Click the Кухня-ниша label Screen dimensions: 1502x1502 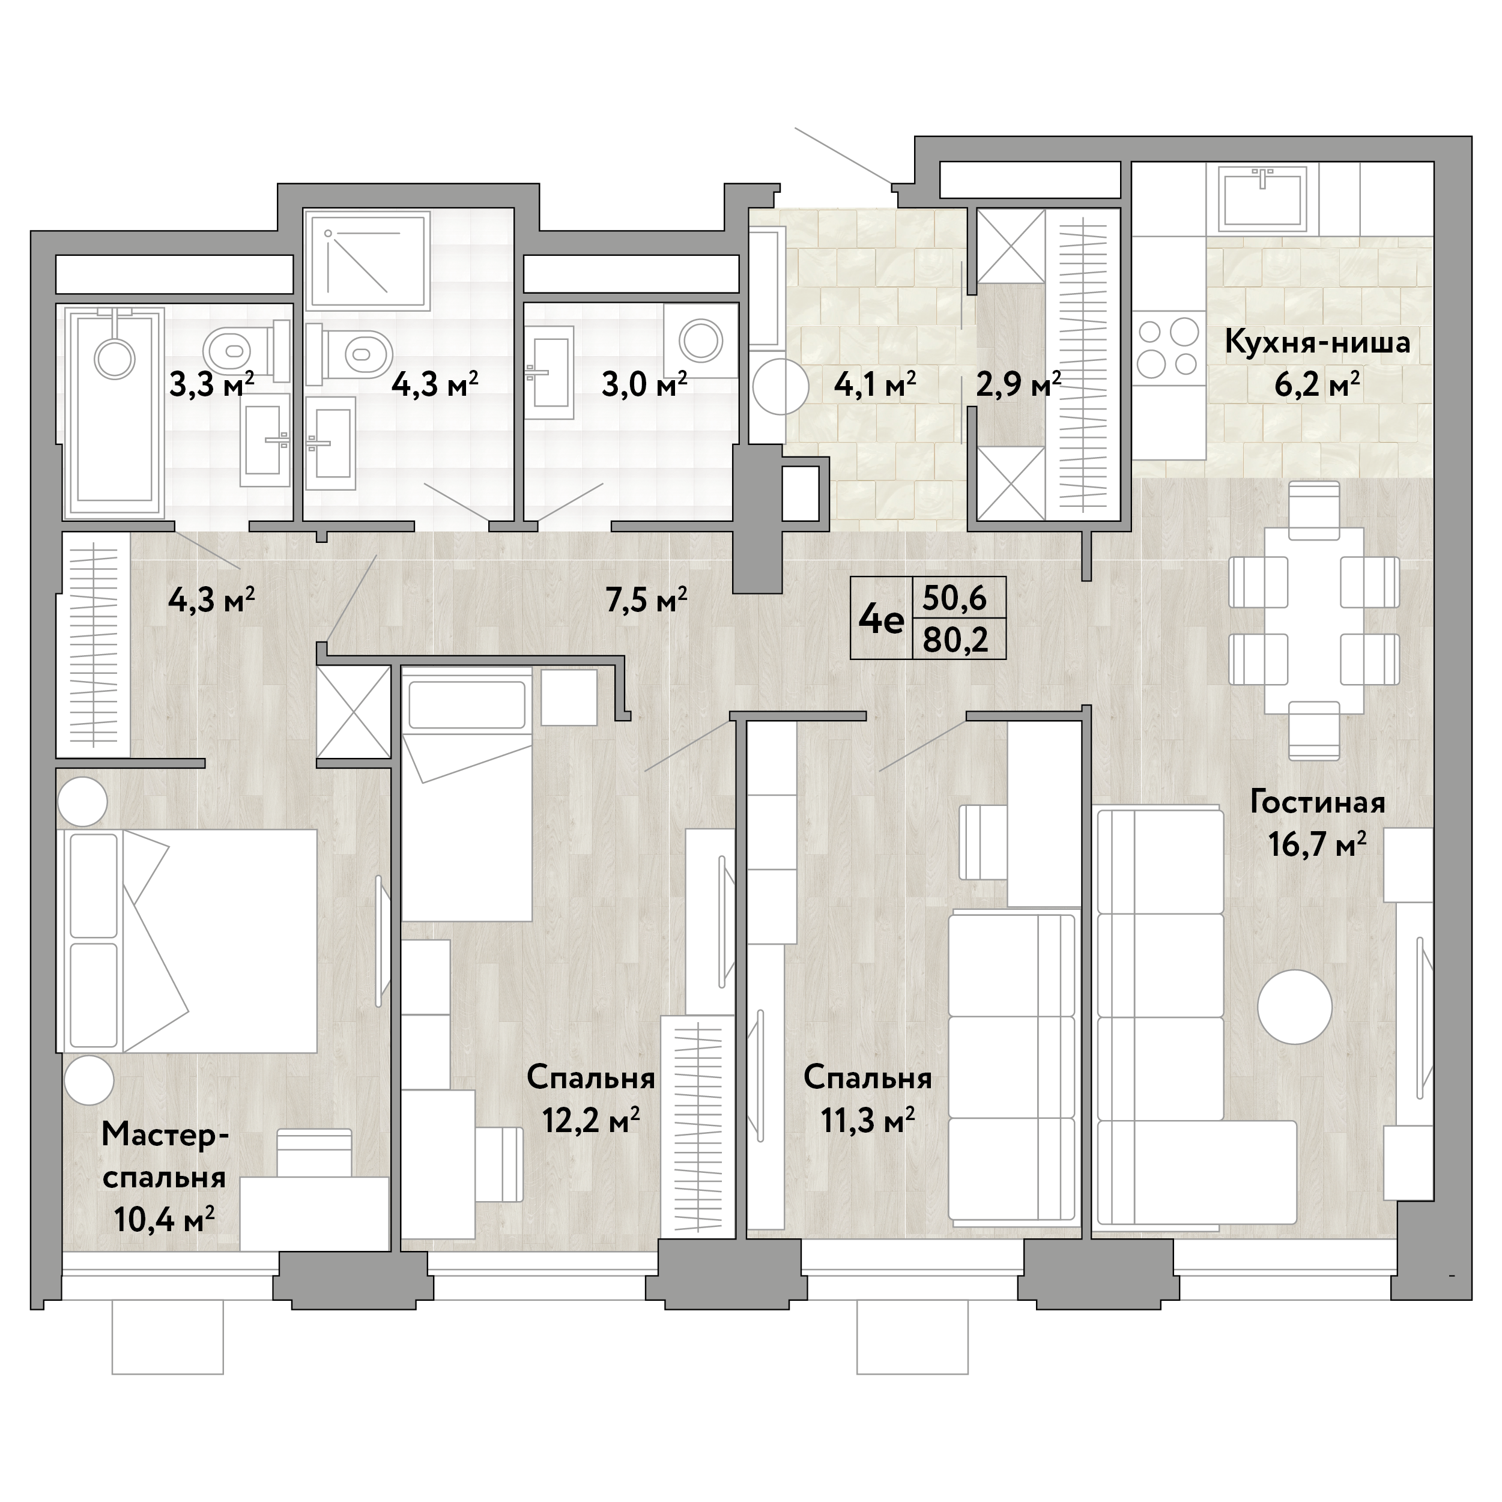click(1317, 343)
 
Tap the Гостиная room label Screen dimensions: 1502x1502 click(1318, 802)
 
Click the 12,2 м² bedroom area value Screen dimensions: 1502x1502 click(591, 1121)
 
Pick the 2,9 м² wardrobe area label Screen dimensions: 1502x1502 click(1019, 384)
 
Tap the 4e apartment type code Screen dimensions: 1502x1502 click(882, 620)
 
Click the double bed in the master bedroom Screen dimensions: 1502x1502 click(187, 940)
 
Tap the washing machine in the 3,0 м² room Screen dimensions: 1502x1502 click(700, 341)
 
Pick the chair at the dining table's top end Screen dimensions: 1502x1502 click(1314, 510)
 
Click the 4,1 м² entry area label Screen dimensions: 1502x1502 click(874, 384)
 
